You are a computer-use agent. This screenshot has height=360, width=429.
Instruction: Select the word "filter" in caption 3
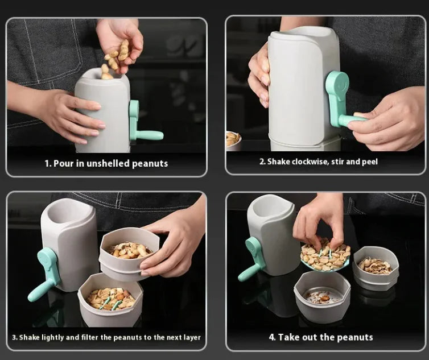pyautogui.click(x=89, y=337)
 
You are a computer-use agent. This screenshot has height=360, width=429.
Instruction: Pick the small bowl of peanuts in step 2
pyautogui.click(x=233, y=139)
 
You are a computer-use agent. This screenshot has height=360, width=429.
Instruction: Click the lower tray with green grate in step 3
pyautogui.click(x=110, y=299)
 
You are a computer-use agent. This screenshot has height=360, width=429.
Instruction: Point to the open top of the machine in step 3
pyautogui.click(x=72, y=211)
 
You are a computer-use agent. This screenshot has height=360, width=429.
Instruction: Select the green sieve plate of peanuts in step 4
pyautogui.click(x=325, y=258)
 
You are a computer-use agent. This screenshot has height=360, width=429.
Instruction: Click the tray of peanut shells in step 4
pyautogui.click(x=376, y=267)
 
